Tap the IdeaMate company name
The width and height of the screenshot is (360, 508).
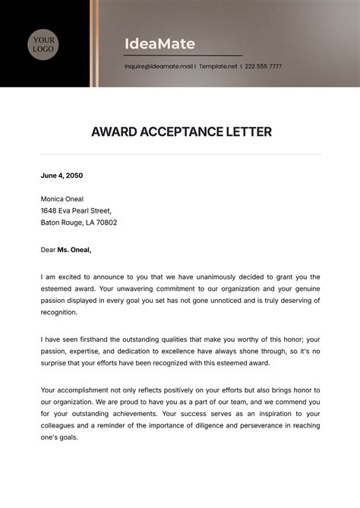[159, 43]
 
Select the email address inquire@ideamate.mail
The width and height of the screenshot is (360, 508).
[159, 66]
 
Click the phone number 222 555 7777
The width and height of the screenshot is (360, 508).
[264, 66]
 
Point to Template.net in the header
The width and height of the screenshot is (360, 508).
[218, 66]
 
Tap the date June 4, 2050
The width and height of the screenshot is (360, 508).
[62, 175]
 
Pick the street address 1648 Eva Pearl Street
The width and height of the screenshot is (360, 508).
[76, 211]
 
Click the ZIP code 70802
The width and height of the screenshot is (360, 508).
[105, 223]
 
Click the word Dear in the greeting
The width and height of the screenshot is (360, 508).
[48, 248]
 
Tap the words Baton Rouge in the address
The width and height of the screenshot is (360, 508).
[63, 223]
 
